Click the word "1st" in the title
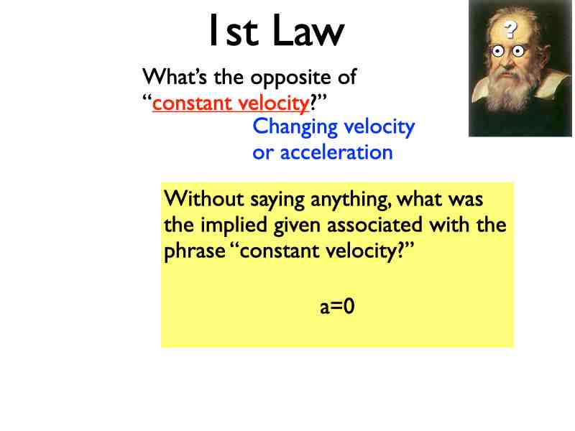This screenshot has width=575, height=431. click(x=234, y=32)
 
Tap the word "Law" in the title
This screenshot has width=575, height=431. click(x=309, y=32)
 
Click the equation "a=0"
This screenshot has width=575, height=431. click(x=338, y=307)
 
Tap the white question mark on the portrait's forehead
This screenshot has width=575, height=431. click(x=510, y=29)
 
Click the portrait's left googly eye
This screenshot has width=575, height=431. click(x=497, y=51)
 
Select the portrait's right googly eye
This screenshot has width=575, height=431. click(x=517, y=51)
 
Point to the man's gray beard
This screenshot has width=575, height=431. click(x=512, y=93)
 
